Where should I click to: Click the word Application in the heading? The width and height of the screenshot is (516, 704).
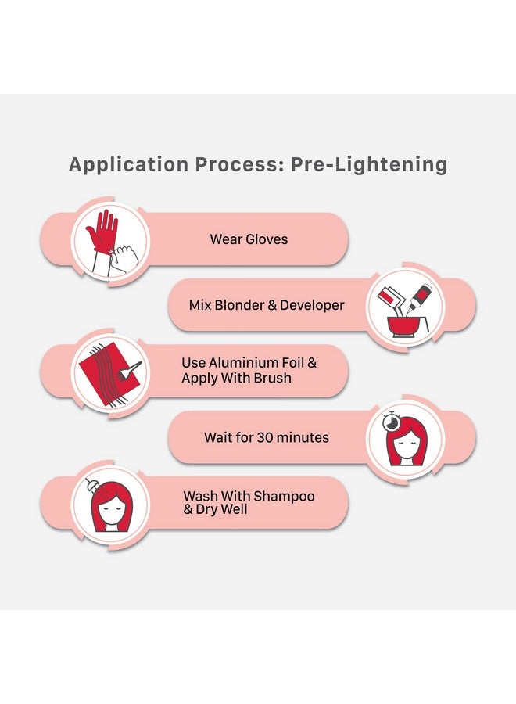point(128,164)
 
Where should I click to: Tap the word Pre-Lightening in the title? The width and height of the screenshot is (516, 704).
point(369,164)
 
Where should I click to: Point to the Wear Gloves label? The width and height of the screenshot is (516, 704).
point(249,239)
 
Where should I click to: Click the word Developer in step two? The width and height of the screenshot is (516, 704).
point(312,305)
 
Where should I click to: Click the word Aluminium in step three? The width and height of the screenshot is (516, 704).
point(242,363)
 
